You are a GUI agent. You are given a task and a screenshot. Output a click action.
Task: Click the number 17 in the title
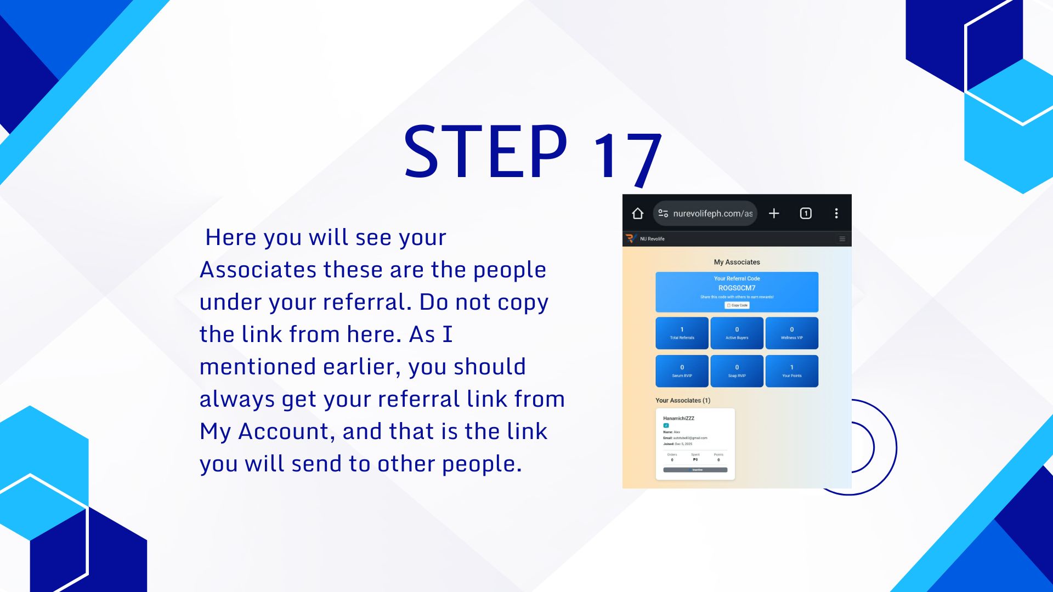627,156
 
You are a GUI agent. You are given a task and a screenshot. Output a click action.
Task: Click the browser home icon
637,213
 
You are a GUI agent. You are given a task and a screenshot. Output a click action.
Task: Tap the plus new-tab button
774,213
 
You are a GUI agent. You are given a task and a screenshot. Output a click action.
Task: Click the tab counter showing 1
806,213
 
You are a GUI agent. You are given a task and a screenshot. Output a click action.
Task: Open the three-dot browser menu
836,213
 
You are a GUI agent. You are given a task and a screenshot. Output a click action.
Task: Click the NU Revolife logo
630,238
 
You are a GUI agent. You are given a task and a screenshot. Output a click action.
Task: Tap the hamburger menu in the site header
842,239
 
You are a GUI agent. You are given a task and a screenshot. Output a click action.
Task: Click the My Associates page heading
737,262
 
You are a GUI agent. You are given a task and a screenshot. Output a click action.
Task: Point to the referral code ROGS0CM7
737,288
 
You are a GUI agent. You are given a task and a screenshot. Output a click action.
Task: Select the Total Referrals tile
682,333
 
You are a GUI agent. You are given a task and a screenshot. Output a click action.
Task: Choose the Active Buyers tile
737,333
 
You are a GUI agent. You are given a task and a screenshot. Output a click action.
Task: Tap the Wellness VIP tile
791,333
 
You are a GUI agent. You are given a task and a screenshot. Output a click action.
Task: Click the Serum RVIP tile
682,371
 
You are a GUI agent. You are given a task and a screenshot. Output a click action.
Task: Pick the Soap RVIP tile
737,371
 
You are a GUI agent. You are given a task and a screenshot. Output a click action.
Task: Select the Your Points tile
791,371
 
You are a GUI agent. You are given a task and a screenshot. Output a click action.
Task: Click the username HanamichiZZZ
678,418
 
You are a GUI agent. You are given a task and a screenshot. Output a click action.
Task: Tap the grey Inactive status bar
695,470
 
